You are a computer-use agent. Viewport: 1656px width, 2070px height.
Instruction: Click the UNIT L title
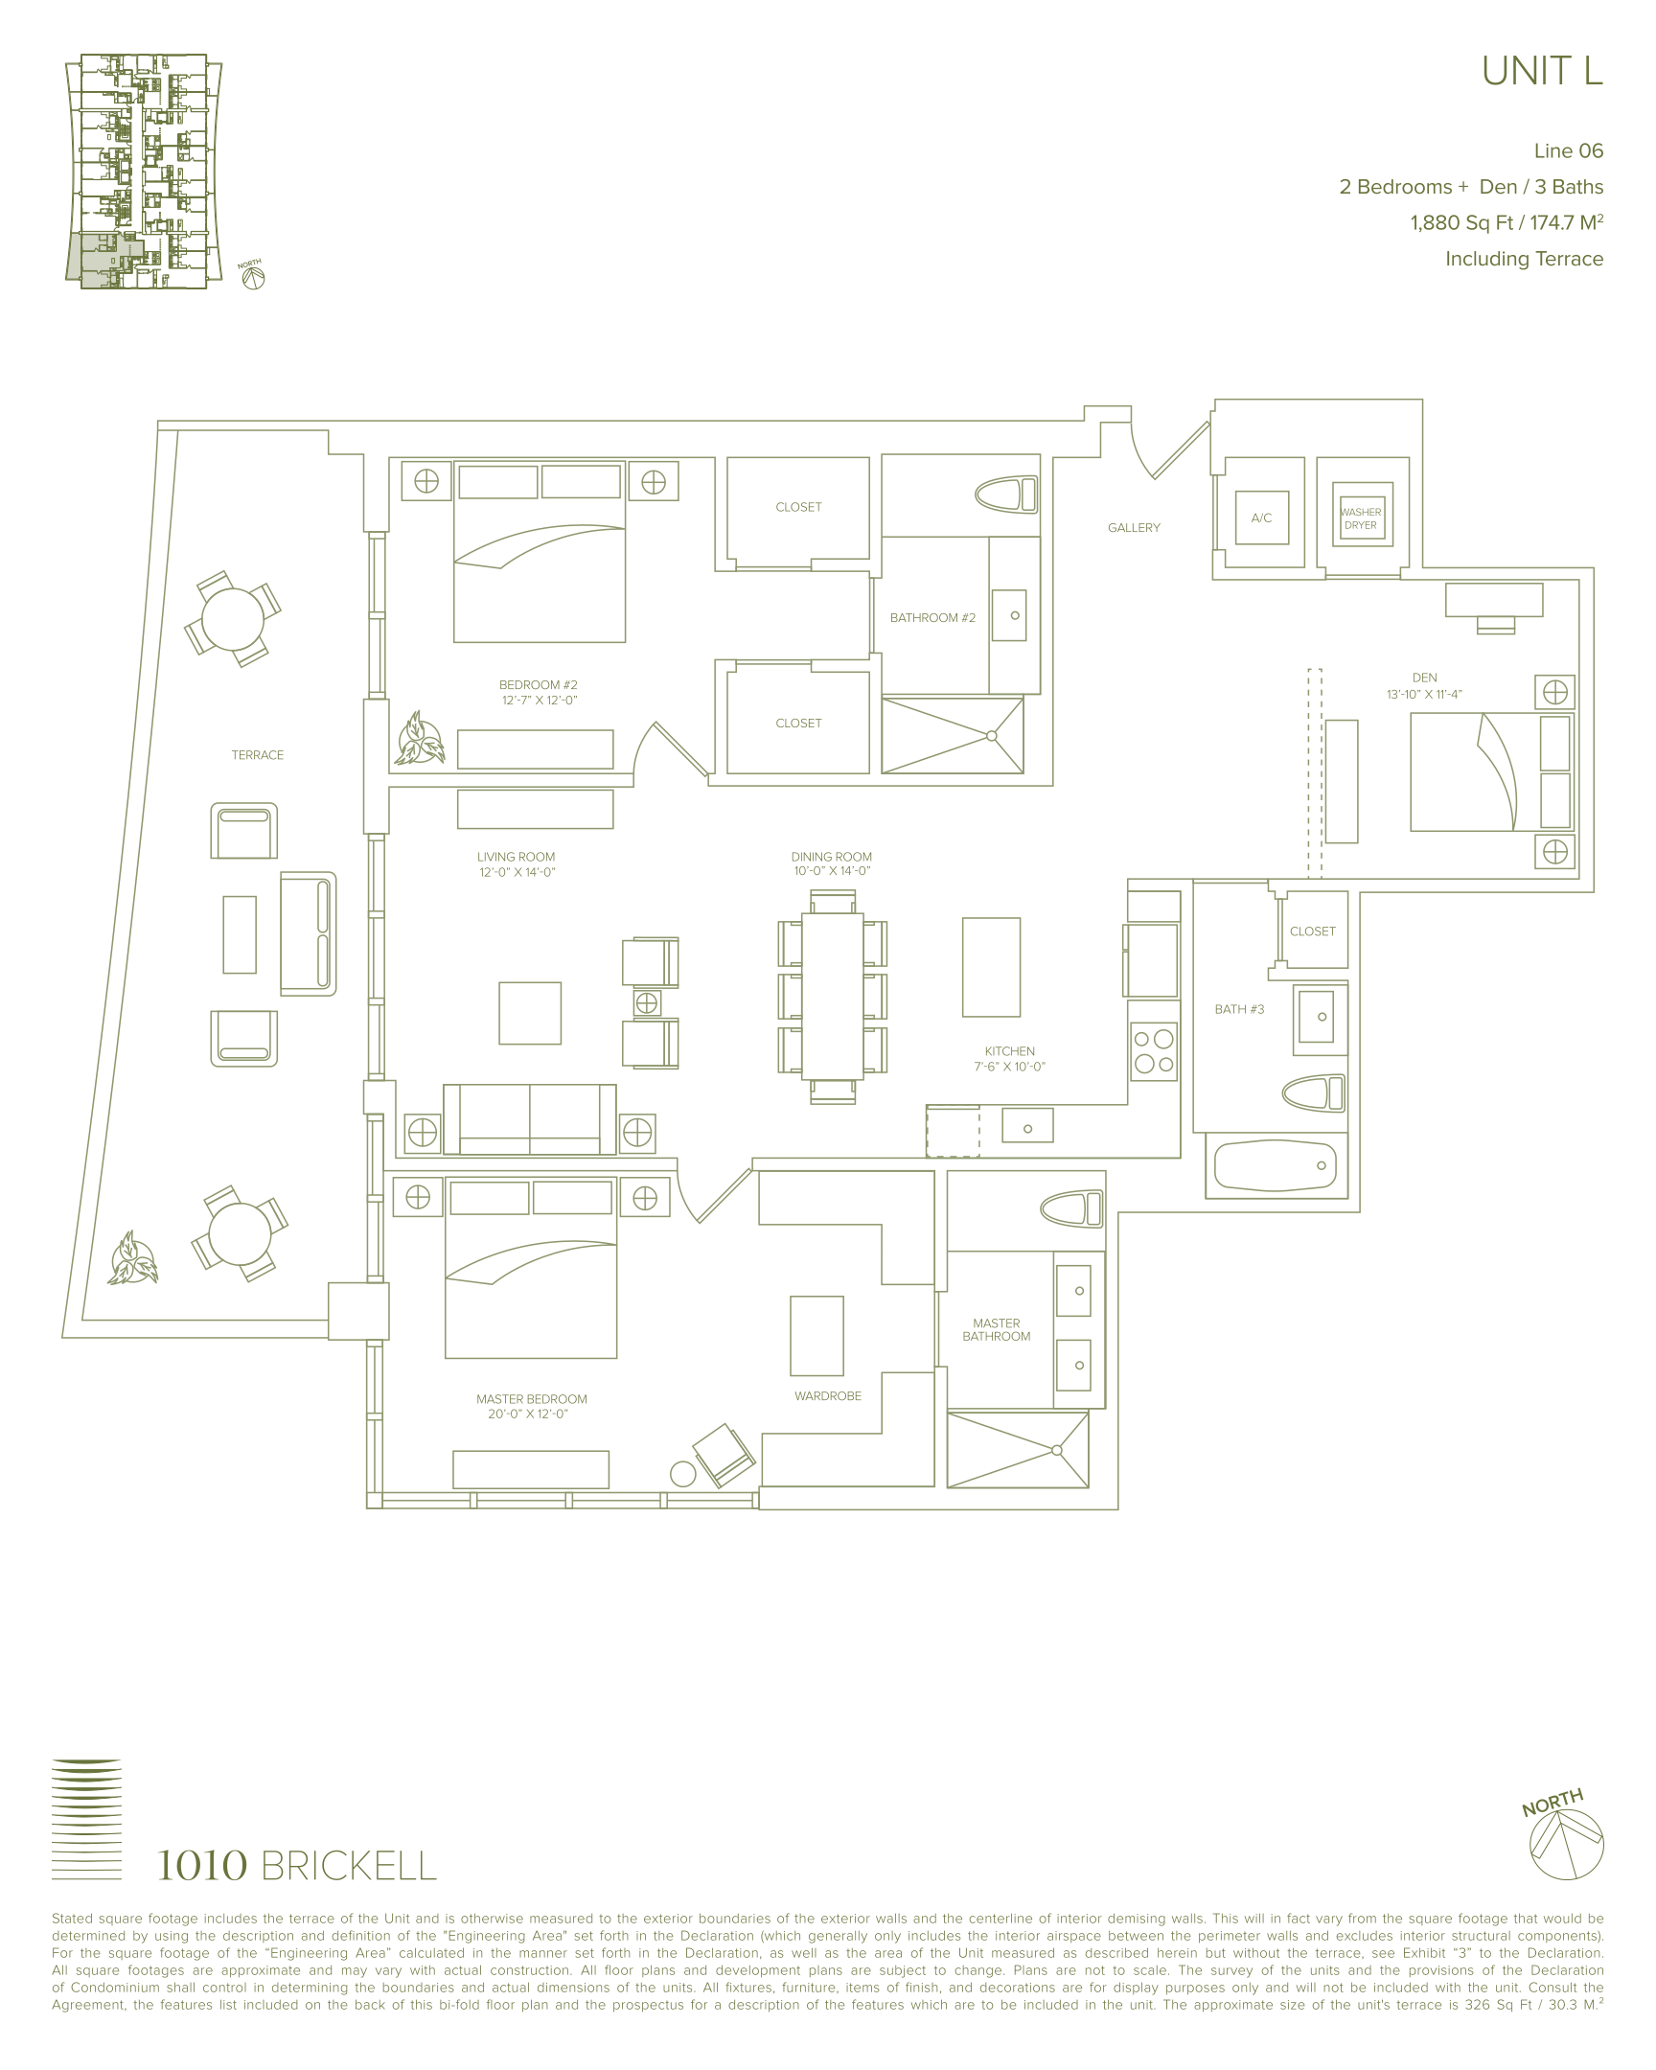click(1542, 71)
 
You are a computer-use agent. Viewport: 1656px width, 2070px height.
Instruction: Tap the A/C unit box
click(1261, 517)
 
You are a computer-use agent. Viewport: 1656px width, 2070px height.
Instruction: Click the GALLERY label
click(1134, 528)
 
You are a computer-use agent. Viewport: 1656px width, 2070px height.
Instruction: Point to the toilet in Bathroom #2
click(1006, 494)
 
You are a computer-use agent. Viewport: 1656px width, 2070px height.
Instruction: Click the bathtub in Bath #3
click(1276, 1165)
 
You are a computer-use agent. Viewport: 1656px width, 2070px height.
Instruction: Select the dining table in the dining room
click(833, 996)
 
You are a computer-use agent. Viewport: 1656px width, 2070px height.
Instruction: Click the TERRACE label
click(257, 754)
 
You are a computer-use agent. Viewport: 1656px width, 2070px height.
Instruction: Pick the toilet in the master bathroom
click(1072, 1208)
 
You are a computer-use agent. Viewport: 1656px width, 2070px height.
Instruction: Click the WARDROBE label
click(827, 1396)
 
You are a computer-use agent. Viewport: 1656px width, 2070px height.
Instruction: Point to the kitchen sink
click(1027, 1125)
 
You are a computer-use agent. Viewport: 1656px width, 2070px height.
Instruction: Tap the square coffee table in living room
click(530, 1013)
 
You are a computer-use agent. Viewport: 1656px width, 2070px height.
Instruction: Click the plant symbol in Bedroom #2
click(420, 738)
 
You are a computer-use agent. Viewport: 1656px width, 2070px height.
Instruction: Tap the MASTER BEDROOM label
click(532, 1399)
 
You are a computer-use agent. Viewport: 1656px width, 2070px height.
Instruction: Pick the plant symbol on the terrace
click(132, 1257)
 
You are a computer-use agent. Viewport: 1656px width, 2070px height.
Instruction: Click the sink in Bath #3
click(1320, 1015)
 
